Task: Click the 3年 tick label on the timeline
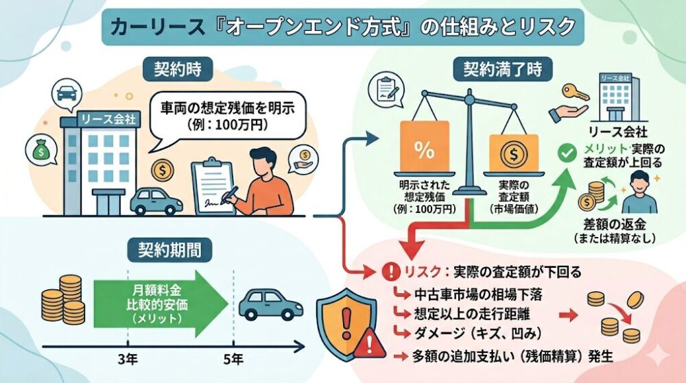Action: coord(128,358)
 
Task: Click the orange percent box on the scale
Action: coord(423,149)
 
